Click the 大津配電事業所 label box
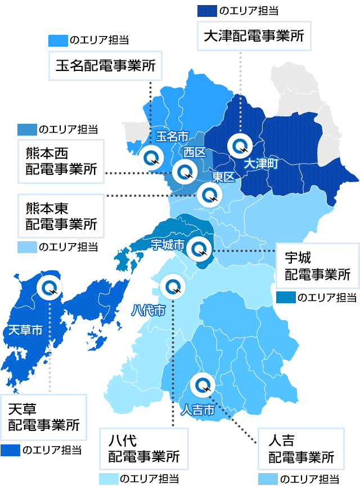point(253,37)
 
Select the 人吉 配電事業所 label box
point(300,448)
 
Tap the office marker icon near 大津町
point(240,146)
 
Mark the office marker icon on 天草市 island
point(49,288)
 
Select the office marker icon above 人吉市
point(202,386)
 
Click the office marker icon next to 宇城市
point(200,248)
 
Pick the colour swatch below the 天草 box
point(10,450)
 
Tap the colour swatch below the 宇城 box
point(286,297)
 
